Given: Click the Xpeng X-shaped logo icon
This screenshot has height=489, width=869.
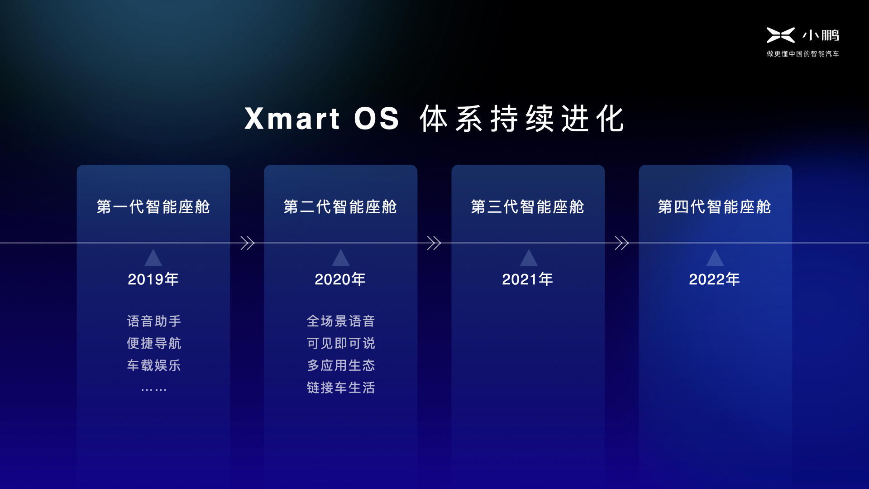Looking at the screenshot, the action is point(780,35).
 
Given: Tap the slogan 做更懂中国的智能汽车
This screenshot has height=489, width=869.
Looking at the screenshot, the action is point(803,53).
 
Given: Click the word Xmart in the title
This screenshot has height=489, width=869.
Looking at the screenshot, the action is point(292,119).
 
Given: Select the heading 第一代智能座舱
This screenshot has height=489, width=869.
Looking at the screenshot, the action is point(153,207).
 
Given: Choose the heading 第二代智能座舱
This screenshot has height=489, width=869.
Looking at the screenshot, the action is point(340,207).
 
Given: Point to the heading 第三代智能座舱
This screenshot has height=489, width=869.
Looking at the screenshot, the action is point(528,207).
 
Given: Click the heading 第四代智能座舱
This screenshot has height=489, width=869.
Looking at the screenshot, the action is point(715,207).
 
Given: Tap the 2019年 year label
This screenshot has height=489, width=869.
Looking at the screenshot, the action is point(153,279).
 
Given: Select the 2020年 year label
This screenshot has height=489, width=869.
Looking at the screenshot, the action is point(340,279).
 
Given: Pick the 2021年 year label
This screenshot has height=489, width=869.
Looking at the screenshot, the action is point(528,279).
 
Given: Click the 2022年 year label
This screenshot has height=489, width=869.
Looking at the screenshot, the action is point(715,279).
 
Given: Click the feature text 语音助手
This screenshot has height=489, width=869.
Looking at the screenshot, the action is point(154,321).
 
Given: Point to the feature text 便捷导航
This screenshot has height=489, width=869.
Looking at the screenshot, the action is point(154,343).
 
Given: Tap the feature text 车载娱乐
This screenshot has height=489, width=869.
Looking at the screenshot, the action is point(154,365).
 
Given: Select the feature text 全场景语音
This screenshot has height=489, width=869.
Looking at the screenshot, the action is point(341,321).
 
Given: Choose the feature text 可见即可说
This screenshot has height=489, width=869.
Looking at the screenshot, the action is point(341,343).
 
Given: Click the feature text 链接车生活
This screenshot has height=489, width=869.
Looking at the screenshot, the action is point(341,388).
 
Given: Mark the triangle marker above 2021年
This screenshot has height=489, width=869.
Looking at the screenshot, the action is point(529,258).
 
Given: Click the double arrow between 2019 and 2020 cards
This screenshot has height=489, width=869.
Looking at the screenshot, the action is point(248,243).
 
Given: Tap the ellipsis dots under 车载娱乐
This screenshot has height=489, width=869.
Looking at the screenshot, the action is point(154,389).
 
